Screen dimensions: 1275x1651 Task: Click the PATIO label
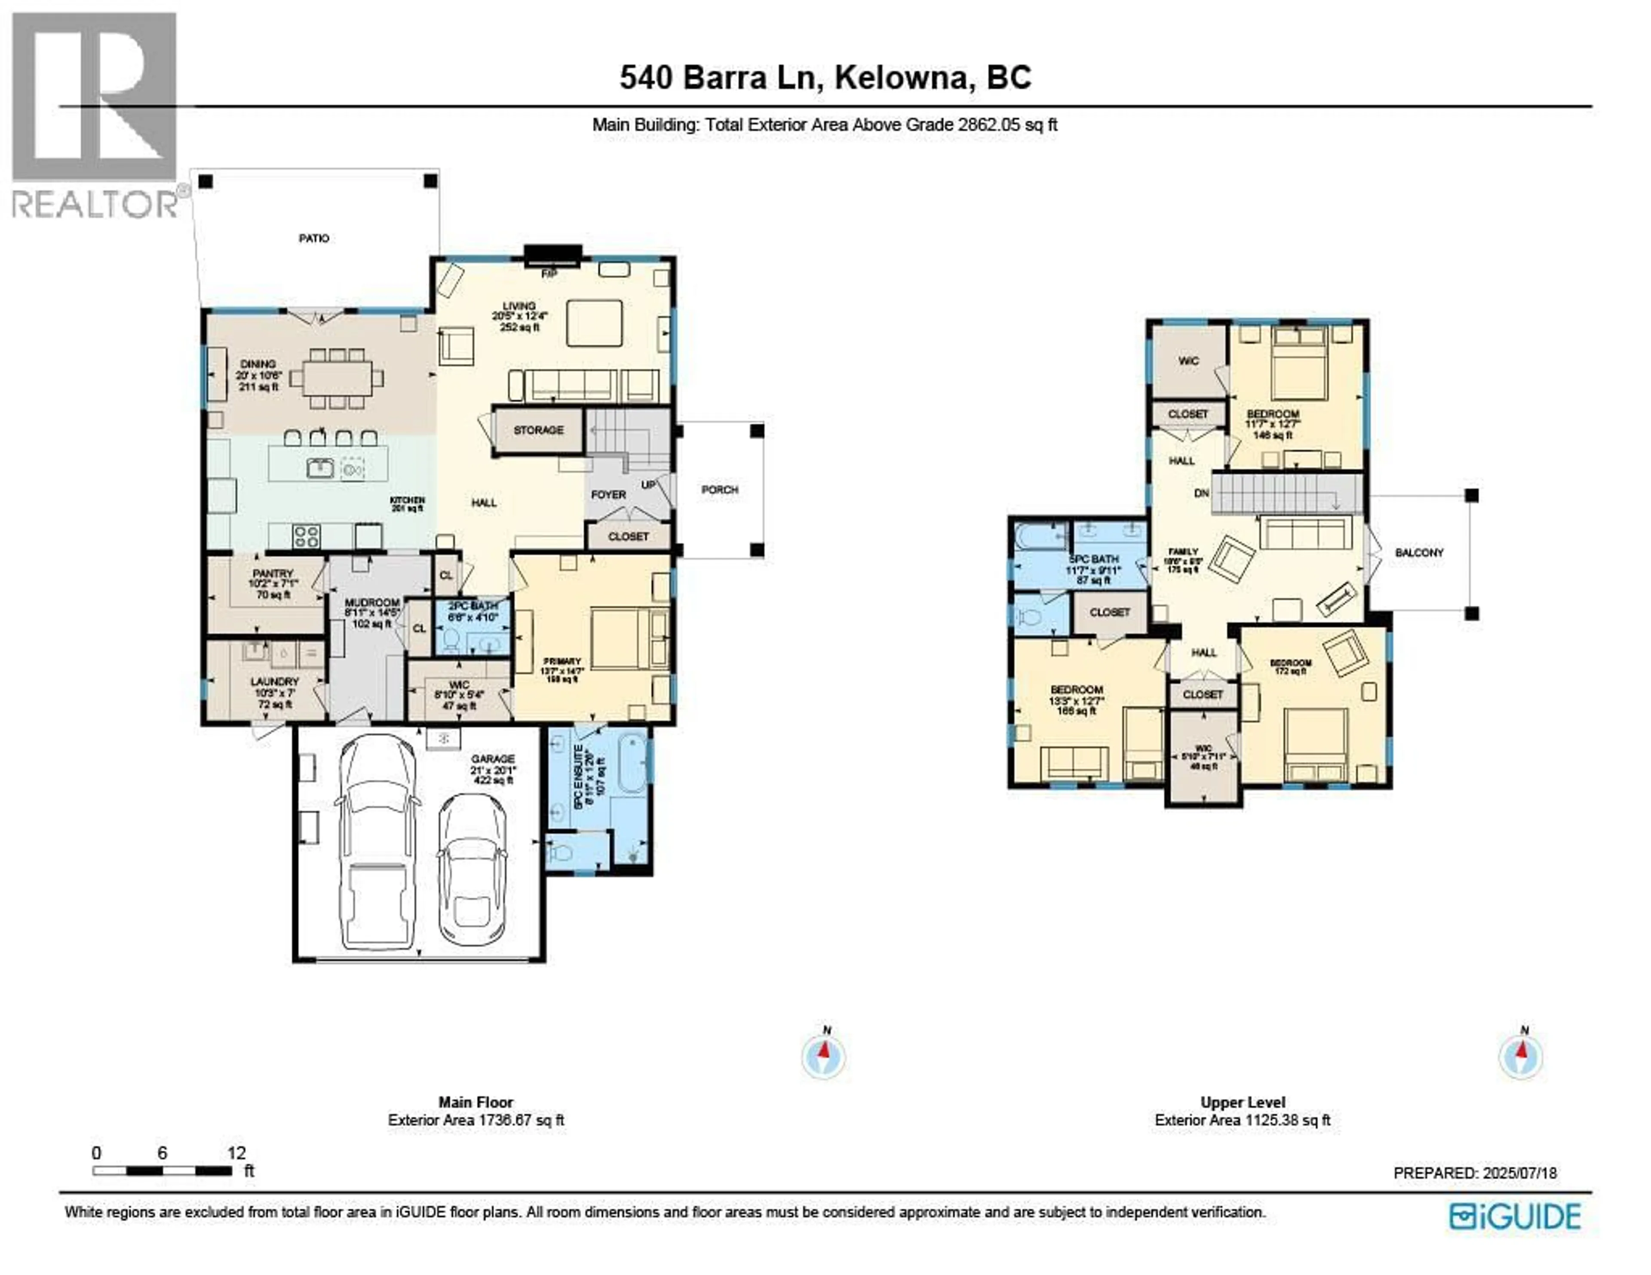[314, 238]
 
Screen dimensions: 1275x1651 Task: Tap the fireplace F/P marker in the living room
[549, 273]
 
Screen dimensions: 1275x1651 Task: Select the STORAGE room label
[538, 430]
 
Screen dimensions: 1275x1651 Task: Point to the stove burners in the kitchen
[306, 536]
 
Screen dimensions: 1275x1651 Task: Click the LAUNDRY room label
[274, 682]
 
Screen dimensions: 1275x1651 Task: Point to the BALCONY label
[1419, 552]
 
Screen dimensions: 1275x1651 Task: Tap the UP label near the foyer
[648, 484]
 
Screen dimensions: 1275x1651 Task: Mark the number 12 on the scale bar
[236, 1152]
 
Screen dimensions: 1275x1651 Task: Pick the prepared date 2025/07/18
[1519, 1173]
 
